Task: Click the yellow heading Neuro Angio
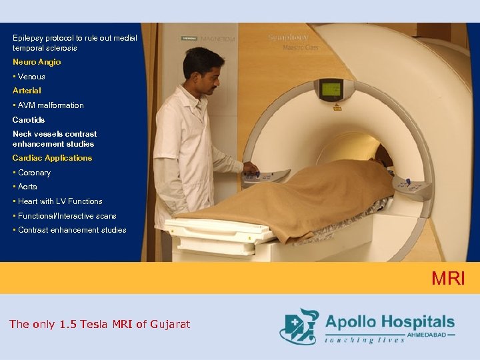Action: tap(37, 62)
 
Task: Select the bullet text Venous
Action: tap(31, 77)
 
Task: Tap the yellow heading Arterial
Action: tap(27, 91)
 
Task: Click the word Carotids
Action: tap(29, 120)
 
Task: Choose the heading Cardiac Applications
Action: tap(52, 158)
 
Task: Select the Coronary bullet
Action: tap(33, 173)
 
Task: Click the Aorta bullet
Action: tap(27, 187)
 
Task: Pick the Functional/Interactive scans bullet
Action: tap(67, 216)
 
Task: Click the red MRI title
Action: tap(448, 278)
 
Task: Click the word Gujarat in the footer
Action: tap(169, 325)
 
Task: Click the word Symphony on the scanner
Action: tap(289, 37)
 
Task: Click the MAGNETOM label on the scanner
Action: tap(217, 39)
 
